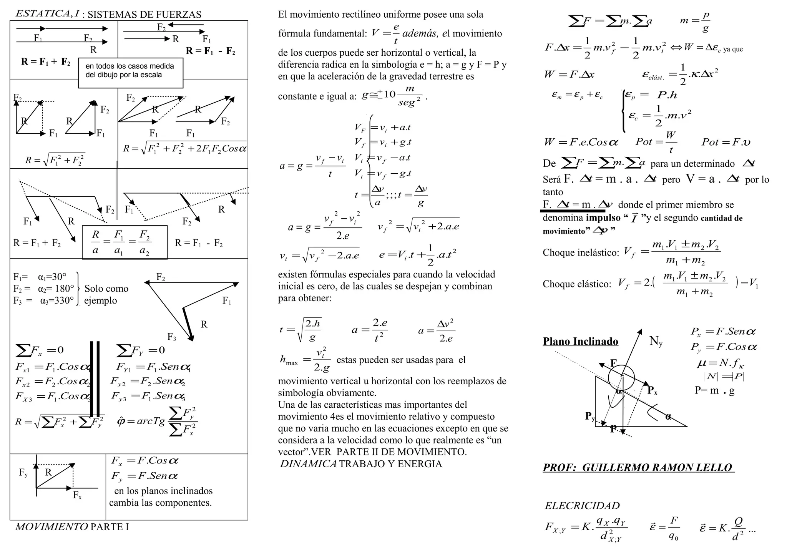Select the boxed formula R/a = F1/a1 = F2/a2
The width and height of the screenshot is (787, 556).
pos(124,242)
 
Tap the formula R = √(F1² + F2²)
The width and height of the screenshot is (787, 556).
pos(55,160)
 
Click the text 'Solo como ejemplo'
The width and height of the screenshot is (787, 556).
pos(106,294)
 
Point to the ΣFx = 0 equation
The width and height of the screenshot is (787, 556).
pos(40,350)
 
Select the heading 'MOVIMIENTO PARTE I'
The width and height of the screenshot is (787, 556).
pos(72,527)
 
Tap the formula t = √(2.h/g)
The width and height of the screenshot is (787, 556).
pos(300,330)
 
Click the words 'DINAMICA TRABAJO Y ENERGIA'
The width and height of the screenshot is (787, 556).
pos(361,464)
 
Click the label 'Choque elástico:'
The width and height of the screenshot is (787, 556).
pos(577,284)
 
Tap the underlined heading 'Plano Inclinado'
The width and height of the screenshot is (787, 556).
pos(580,341)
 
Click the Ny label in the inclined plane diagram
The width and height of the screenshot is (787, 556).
pos(656,341)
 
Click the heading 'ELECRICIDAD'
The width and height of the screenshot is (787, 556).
pos(582,506)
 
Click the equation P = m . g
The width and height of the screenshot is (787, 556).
pos(714,390)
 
